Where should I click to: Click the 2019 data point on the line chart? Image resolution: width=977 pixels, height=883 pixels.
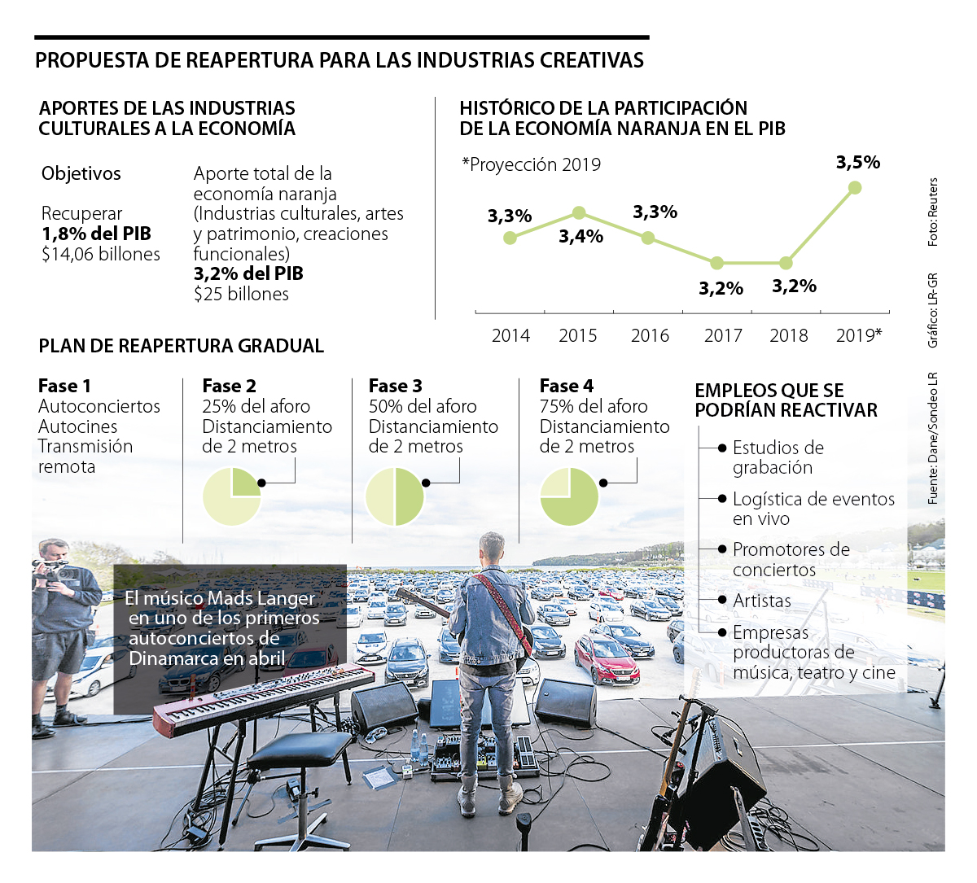(x=854, y=188)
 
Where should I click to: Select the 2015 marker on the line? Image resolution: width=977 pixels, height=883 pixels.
(x=579, y=213)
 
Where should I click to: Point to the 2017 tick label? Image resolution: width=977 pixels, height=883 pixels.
(x=723, y=335)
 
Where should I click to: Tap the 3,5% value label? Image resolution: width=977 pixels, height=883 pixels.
(x=858, y=163)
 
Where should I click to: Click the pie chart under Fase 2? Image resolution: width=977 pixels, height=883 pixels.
(x=232, y=496)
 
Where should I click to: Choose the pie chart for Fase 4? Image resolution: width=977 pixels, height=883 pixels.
(x=569, y=496)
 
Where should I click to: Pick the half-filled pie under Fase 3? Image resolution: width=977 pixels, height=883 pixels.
(x=395, y=496)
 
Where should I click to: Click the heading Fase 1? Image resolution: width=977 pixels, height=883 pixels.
(x=64, y=386)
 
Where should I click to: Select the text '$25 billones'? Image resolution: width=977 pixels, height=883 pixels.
(x=241, y=295)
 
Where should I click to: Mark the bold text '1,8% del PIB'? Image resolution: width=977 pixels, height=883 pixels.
(x=96, y=234)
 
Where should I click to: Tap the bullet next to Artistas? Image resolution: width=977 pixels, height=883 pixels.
(x=722, y=601)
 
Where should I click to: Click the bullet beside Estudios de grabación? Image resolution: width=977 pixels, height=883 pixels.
(x=722, y=448)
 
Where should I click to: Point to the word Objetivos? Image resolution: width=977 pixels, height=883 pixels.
(x=81, y=173)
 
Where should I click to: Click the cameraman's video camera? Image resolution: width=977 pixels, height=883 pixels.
(x=54, y=569)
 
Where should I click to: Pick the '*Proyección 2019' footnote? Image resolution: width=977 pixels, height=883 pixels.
(x=531, y=164)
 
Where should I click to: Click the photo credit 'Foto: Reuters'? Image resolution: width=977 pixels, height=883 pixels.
(x=933, y=212)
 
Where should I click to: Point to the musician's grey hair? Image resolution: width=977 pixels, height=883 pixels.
(x=492, y=544)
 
